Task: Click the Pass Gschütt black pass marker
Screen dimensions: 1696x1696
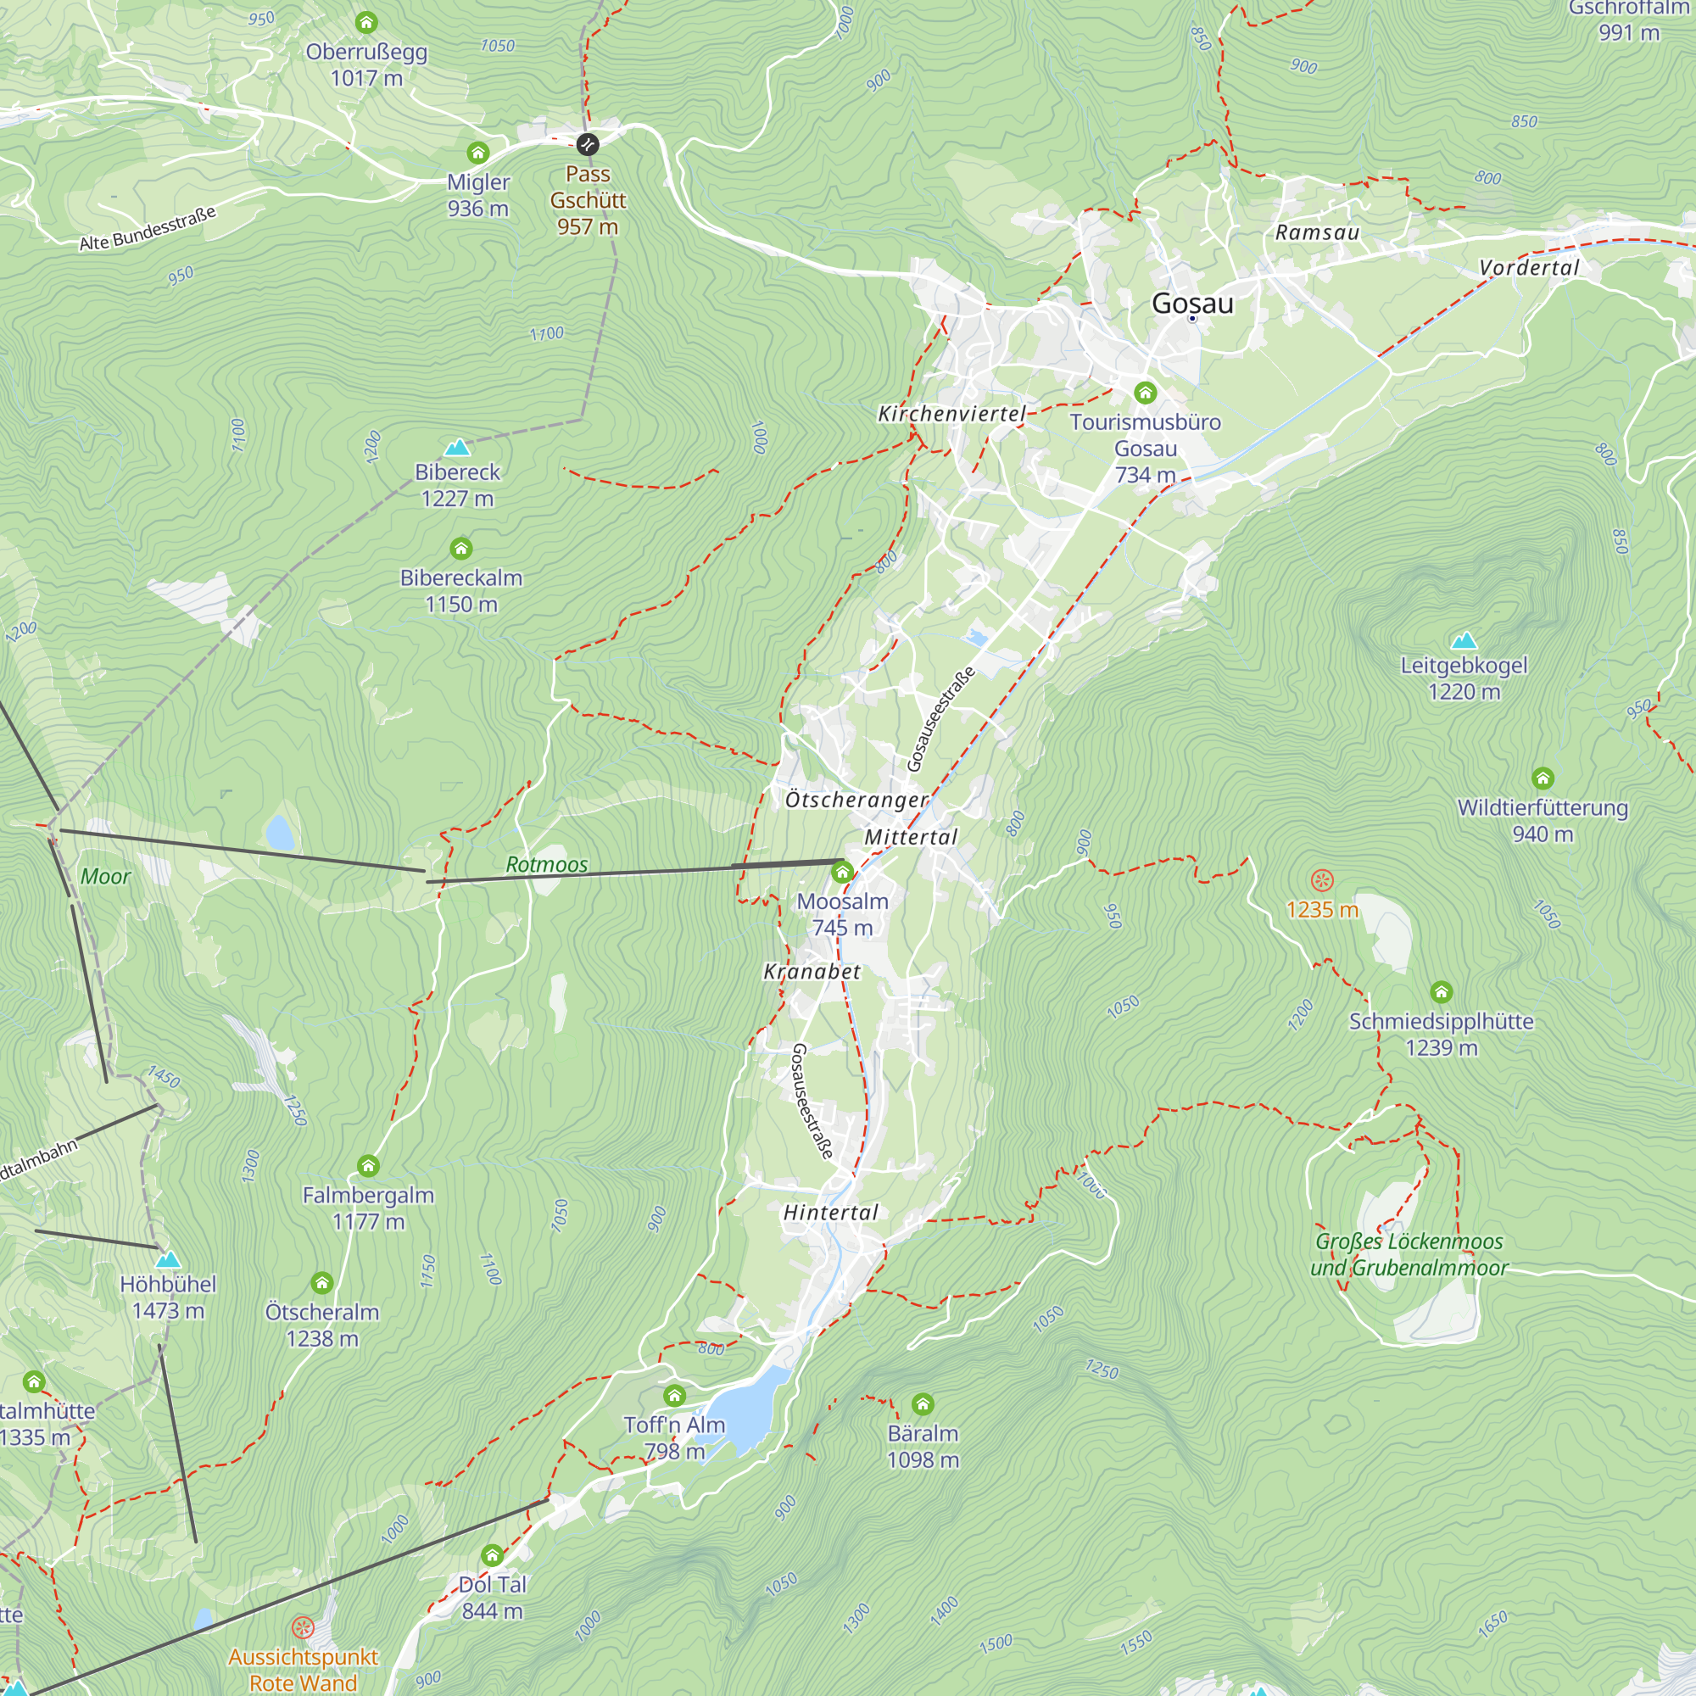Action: point(588,144)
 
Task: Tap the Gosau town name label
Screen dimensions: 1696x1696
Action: point(1192,304)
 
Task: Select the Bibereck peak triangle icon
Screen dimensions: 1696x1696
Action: point(457,448)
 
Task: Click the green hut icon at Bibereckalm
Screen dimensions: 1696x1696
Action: point(460,550)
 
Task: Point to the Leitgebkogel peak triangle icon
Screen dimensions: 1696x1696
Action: point(1464,641)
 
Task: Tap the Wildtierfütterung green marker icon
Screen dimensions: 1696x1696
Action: point(1543,778)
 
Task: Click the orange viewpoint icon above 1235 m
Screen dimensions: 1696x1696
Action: point(1322,880)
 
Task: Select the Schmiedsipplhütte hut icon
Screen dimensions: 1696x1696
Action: point(1442,992)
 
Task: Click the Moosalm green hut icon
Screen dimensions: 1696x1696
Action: point(842,872)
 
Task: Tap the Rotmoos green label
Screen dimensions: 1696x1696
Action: point(547,865)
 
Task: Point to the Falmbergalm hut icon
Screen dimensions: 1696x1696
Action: point(368,1166)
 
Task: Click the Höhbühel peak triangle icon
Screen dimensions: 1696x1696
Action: point(168,1260)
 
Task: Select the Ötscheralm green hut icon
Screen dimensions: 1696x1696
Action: point(322,1283)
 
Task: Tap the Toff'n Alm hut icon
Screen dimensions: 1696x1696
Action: point(674,1396)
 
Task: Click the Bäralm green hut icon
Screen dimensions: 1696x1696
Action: point(923,1404)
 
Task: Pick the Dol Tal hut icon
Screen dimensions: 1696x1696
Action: point(492,1556)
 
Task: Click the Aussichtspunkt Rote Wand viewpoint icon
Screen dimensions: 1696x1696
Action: point(302,1628)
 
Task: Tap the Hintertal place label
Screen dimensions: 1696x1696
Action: point(830,1213)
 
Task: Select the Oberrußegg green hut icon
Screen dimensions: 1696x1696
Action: point(366,22)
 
